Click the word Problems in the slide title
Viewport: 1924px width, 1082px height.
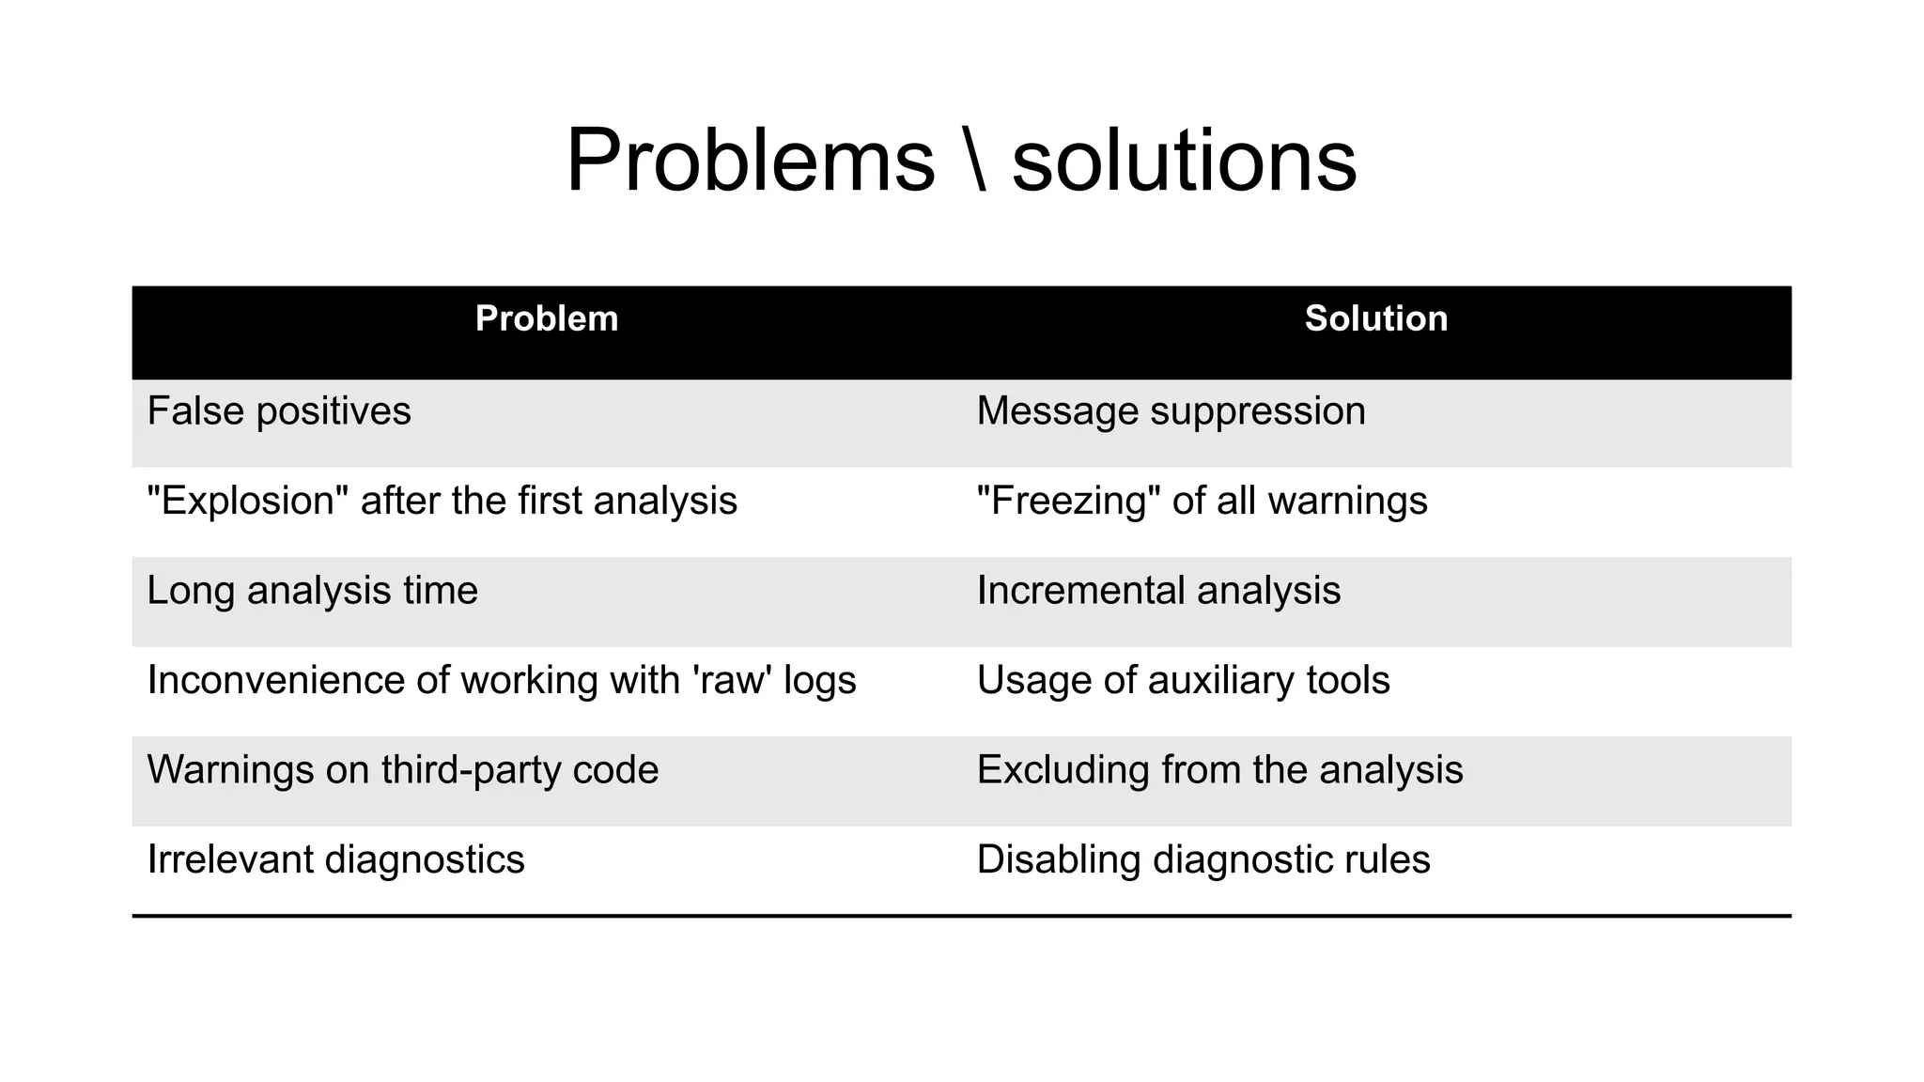[750, 161]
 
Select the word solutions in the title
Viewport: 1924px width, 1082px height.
[1184, 161]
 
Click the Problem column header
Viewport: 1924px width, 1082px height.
[547, 319]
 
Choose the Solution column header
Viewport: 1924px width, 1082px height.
[1375, 319]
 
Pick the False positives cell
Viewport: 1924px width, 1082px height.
[279, 411]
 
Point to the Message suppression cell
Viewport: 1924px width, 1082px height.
[1171, 411]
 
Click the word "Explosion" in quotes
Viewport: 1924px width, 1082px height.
[247, 501]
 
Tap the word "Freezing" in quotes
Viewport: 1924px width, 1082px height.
[1066, 501]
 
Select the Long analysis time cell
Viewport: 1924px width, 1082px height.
[312, 591]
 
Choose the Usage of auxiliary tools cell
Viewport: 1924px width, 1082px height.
[1183, 680]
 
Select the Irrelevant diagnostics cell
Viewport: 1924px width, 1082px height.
[335, 860]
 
